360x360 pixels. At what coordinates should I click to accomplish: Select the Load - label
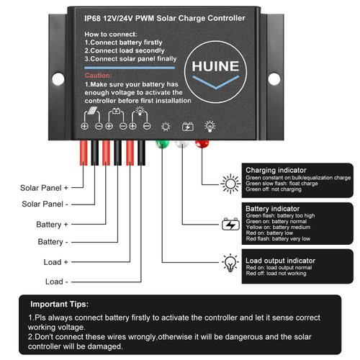point(56,281)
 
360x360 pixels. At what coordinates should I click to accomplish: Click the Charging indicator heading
point(278,170)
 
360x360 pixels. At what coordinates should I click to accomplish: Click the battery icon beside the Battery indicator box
point(230,225)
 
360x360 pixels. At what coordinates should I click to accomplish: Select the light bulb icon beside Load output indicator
point(230,261)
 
